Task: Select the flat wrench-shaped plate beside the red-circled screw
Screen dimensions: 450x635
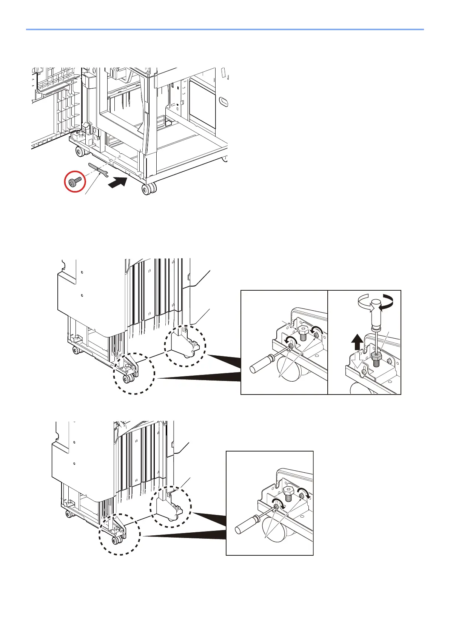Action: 99,170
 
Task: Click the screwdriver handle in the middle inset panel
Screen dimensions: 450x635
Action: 260,364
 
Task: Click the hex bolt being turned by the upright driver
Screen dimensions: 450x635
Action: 376,356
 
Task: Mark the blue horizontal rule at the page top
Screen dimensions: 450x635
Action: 225,29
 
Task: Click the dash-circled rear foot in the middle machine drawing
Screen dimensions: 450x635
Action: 185,345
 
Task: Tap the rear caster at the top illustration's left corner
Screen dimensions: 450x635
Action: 80,152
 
